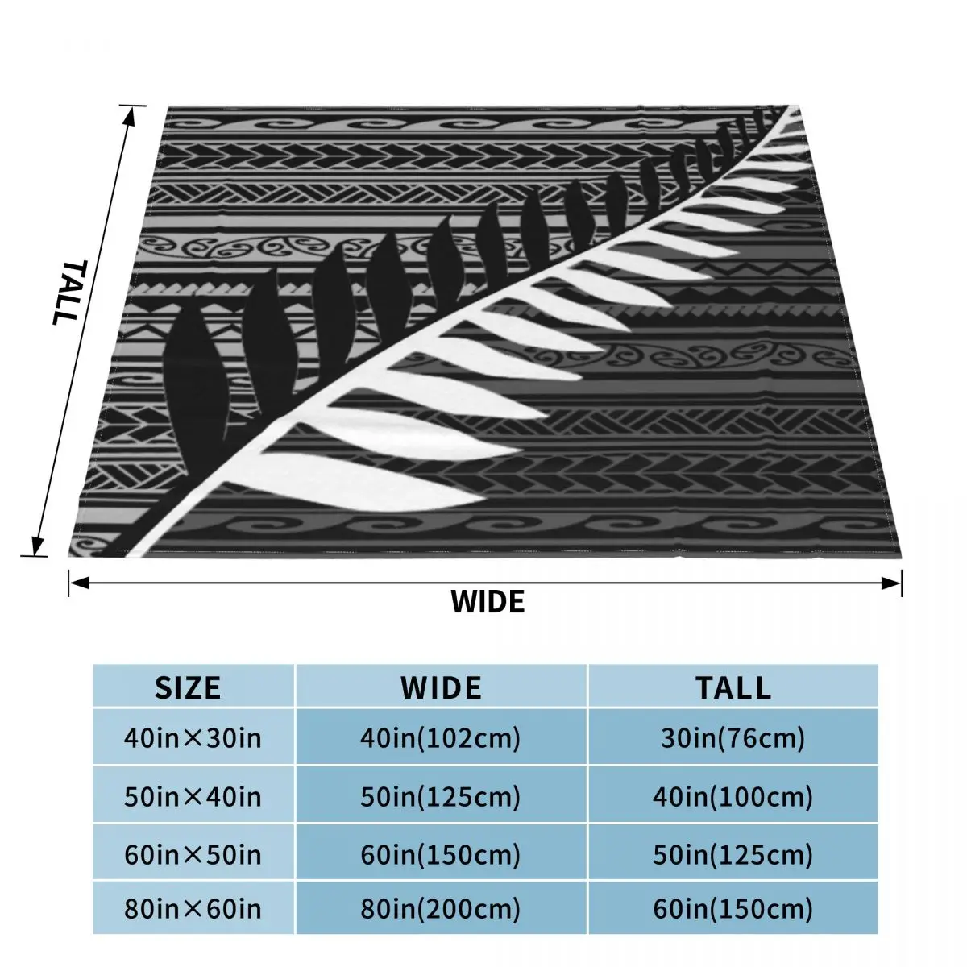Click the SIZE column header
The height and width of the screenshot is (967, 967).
click(x=187, y=687)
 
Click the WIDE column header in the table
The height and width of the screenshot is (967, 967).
click(x=441, y=687)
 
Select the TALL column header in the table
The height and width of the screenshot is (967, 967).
click(x=733, y=687)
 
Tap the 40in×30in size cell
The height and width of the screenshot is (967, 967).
click(x=193, y=737)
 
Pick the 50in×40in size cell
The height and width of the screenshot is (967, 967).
click(x=193, y=797)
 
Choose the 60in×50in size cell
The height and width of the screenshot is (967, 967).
click(x=193, y=853)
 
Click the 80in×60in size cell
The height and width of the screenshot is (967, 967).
click(x=193, y=910)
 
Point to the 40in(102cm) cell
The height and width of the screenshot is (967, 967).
click(x=441, y=737)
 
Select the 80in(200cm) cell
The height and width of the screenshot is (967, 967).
click(x=441, y=910)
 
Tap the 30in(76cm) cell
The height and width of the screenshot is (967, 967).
click(x=733, y=737)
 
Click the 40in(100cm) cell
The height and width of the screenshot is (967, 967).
click(x=733, y=797)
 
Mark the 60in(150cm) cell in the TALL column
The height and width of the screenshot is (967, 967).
click(x=733, y=910)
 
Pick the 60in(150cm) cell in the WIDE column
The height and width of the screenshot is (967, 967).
click(x=441, y=853)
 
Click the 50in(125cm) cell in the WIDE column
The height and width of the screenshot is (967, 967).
click(x=441, y=797)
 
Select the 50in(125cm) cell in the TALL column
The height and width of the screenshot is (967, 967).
click(x=733, y=853)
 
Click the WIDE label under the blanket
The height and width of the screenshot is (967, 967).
click(x=487, y=601)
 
